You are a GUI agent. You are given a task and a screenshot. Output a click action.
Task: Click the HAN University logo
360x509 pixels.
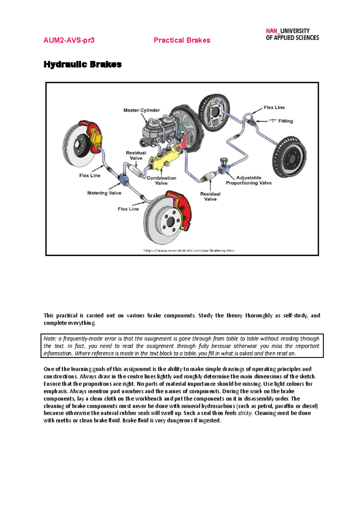pos(292,34)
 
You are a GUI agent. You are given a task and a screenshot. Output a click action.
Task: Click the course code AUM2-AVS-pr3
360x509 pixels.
pos(69,40)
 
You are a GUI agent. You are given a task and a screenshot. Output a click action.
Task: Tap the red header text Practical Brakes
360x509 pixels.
pos(182,40)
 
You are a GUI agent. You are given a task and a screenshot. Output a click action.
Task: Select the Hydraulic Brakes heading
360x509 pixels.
pos(82,64)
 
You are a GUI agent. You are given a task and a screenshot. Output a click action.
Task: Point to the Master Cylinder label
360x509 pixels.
pos(142,110)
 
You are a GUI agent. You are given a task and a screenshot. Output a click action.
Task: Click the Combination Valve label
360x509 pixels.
pos(161,180)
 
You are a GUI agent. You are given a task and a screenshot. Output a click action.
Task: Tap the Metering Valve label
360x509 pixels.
pos(104,193)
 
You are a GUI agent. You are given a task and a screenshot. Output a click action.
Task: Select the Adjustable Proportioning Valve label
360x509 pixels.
pos(249,180)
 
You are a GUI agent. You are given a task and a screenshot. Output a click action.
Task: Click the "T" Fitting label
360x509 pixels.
pos(281,121)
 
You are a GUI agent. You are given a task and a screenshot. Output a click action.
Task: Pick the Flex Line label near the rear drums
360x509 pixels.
pos(274,107)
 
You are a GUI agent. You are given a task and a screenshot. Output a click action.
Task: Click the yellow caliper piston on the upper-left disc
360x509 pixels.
pos(97,138)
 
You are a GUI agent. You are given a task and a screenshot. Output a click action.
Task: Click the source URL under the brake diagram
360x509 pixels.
pos(189,250)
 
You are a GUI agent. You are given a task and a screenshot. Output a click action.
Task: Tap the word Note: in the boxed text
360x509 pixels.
pos(50,339)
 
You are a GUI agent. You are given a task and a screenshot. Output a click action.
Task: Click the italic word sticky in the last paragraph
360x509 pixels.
pos(245,413)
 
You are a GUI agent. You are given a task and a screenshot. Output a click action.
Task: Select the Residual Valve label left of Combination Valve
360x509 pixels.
pos(136,155)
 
